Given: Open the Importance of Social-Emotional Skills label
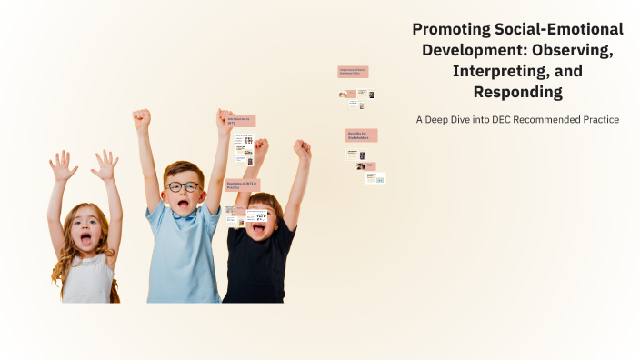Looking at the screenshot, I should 353,71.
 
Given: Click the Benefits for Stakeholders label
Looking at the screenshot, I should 361,135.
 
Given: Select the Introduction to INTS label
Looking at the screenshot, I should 241,121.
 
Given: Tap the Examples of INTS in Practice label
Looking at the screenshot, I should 241,185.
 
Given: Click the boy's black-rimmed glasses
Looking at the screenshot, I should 184,186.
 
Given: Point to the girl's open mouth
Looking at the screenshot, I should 85,240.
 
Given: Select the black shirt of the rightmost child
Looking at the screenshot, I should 259,268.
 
